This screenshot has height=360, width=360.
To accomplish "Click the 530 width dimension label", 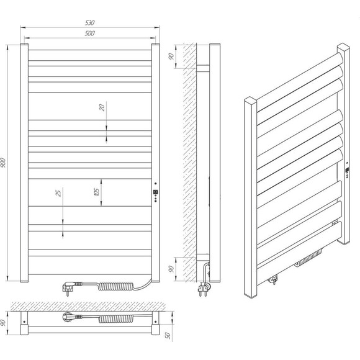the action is point(90,23).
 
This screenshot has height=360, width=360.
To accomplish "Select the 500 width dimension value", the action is point(90,34).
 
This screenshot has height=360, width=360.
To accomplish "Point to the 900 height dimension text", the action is point(3,163).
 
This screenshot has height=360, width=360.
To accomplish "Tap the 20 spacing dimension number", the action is point(102,107).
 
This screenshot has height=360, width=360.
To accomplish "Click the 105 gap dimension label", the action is point(97,192).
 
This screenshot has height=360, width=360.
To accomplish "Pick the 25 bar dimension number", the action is point(59,193).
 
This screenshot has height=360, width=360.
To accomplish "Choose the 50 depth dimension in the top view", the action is point(168,335).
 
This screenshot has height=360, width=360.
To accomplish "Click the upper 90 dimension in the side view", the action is point(171,56).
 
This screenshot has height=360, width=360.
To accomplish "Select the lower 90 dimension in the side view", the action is point(171,269).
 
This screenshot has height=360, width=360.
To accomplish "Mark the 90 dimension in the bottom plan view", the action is point(3,323).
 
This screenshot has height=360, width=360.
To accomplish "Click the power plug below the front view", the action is point(71,287).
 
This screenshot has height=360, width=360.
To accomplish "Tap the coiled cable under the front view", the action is point(115,286).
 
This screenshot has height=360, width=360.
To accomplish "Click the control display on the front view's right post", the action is point(155,192).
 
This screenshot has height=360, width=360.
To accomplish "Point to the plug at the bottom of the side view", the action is point(204,289).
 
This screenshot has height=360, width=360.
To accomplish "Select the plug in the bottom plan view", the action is point(71,317).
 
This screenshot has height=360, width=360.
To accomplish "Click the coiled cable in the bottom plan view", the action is point(116,318).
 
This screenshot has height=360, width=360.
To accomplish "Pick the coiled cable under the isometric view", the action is point(308,258).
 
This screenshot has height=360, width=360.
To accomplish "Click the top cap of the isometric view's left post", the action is point(250,99).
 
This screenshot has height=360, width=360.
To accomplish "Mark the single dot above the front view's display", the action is point(156,184).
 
